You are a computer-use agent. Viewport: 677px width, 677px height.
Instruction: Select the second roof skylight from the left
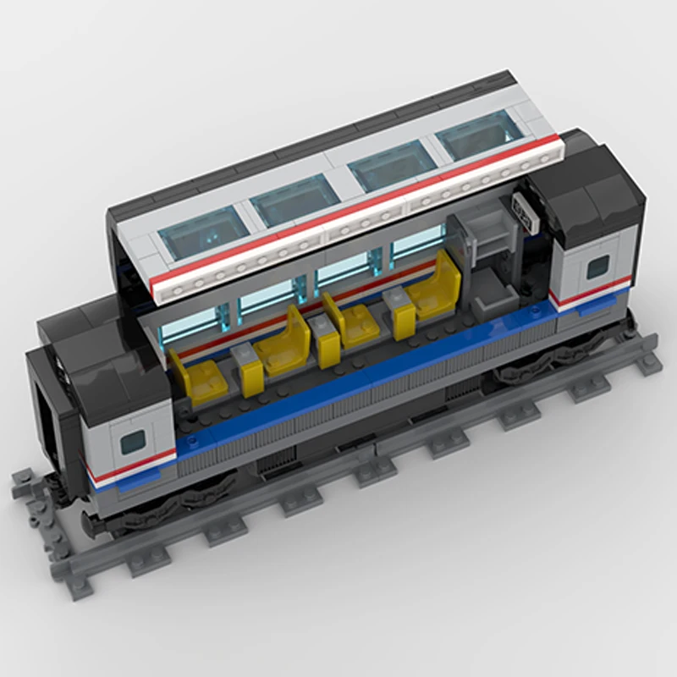point(294,201)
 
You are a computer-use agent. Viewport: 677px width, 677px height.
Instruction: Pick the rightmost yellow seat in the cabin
point(437,288)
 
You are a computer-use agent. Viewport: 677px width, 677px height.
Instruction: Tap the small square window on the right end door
point(598,266)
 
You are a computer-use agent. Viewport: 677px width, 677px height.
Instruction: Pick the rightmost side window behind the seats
point(417,243)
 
